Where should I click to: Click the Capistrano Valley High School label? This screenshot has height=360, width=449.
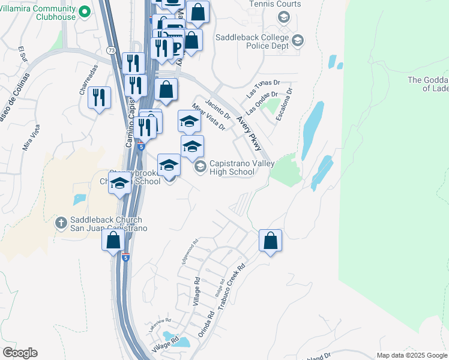(x=241, y=167)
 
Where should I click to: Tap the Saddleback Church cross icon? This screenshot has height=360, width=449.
(x=61, y=223)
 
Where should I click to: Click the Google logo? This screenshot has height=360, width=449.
(x=20, y=353)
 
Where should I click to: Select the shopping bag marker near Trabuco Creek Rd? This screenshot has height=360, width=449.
(x=271, y=241)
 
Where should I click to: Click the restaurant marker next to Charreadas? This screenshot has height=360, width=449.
(x=99, y=97)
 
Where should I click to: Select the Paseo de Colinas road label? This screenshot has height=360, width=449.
(x=11, y=107)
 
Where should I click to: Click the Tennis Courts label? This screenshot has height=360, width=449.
(x=276, y=4)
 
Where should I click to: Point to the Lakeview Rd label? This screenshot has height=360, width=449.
(x=160, y=325)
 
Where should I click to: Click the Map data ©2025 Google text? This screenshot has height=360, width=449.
(x=411, y=355)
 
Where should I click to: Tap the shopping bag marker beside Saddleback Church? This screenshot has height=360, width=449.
(x=113, y=241)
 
